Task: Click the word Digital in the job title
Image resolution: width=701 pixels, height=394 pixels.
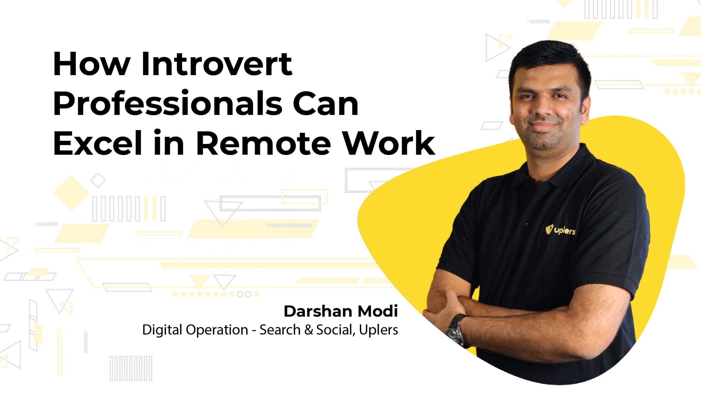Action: (x=162, y=330)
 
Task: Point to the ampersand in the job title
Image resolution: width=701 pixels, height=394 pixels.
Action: (x=309, y=330)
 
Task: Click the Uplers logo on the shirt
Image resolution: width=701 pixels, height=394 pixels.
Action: (x=560, y=230)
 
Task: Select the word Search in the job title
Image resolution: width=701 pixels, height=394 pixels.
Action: (x=280, y=330)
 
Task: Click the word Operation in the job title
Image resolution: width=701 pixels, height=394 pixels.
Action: (x=217, y=330)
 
